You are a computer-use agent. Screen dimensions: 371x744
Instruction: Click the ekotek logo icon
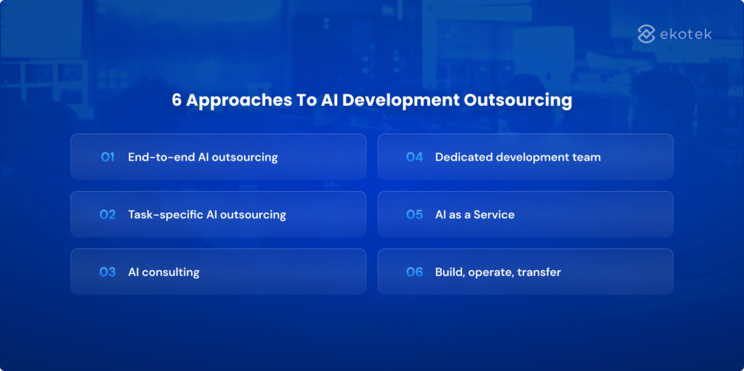pos(647,33)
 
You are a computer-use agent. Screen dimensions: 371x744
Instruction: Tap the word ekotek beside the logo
pos(687,33)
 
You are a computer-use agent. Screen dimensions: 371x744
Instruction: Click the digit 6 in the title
pos(177,100)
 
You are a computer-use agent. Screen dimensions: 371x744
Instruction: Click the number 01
pos(108,157)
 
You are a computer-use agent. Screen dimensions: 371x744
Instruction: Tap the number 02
pos(108,215)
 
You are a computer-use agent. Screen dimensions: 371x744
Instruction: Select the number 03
pos(108,272)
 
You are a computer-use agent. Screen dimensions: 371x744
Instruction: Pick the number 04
pos(414,157)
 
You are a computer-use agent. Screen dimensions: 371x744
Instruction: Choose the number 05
pos(414,215)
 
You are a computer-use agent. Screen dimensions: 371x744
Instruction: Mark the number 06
pos(414,272)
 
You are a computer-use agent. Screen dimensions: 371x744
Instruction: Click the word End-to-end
pos(161,157)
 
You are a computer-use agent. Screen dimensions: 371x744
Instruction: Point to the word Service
pos(494,215)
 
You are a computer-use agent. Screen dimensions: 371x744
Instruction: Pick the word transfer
pos(539,272)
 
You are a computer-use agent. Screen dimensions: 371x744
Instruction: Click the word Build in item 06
pos(449,272)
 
